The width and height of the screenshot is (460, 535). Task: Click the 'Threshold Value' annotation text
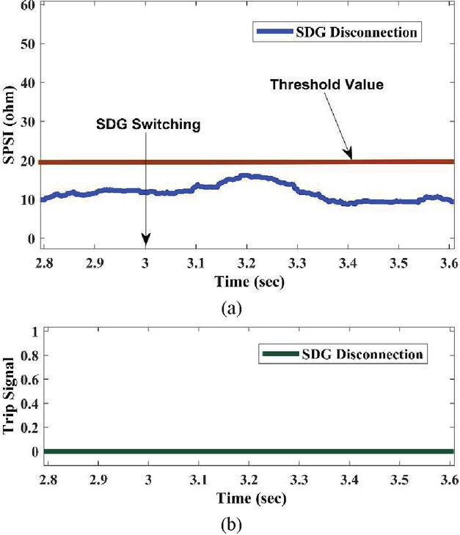[x=326, y=85]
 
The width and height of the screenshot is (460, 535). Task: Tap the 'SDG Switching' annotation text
[x=148, y=125]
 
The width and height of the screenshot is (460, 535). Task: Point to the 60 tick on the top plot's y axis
[x=28, y=5]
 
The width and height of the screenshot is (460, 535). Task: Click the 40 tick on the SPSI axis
[x=28, y=83]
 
